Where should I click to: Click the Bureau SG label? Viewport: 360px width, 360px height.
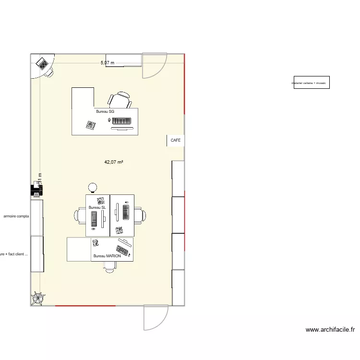[105, 111]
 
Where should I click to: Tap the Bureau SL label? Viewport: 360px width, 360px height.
[96, 207]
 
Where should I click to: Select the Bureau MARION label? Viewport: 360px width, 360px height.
[107, 256]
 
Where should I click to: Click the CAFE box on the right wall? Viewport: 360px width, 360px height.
[176, 141]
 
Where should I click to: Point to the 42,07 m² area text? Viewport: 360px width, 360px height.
[114, 162]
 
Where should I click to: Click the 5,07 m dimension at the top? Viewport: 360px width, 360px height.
[108, 63]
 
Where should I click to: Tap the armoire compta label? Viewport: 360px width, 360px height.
[16, 216]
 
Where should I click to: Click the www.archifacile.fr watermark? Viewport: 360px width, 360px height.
[330, 330]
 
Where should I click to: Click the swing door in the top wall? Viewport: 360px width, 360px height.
[154, 66]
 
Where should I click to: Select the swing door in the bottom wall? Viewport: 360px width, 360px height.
[156, 317]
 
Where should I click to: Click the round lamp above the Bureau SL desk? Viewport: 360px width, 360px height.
[92, 187]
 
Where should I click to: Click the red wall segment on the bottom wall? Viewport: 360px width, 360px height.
[99, 305]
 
